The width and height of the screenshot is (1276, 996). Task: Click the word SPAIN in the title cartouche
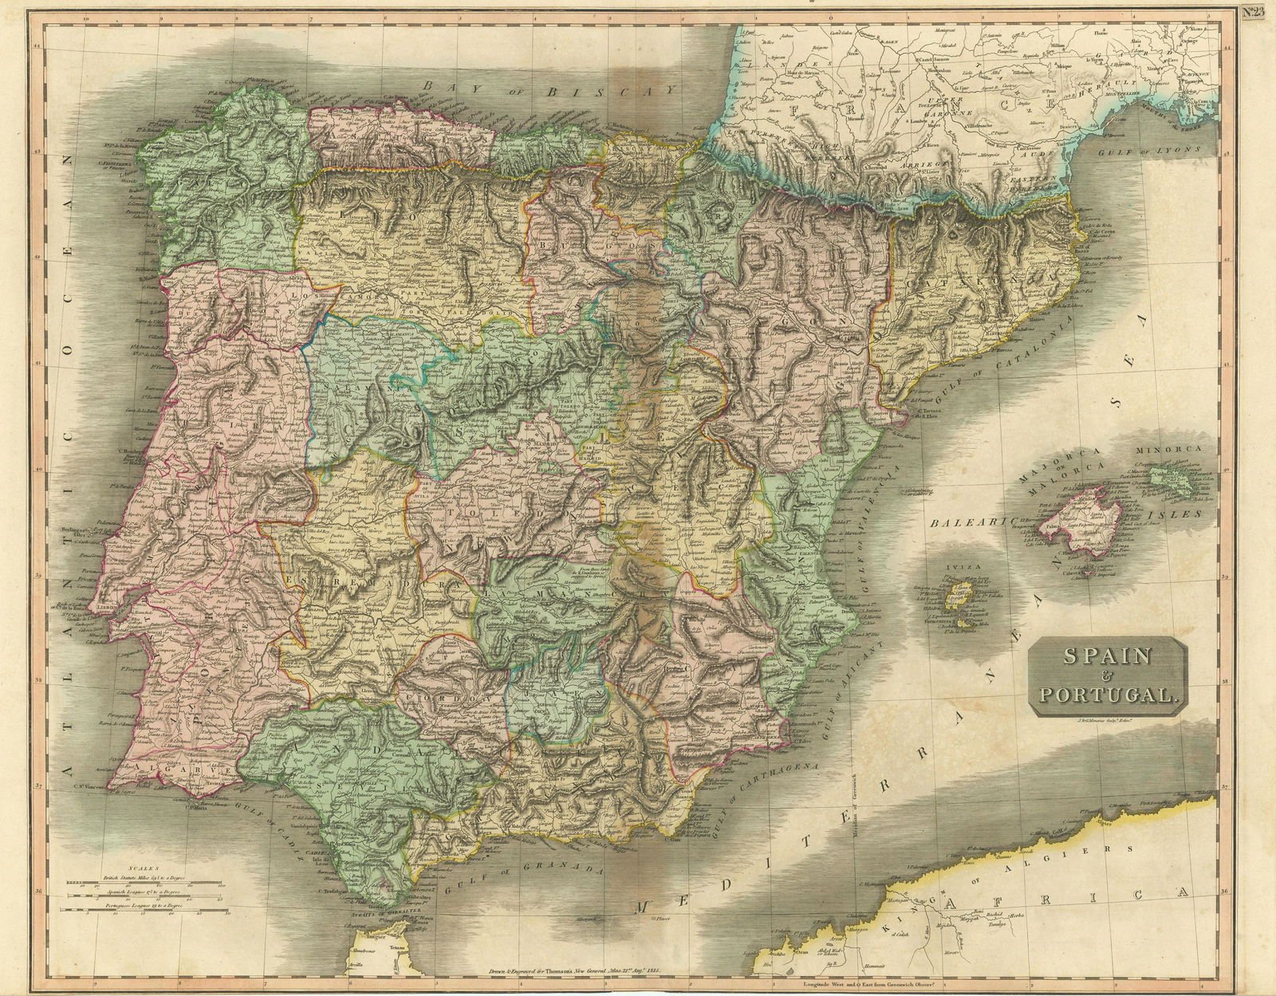pyautogui.click(x=1106, y=657)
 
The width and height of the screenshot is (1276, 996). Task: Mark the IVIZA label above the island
pyautogui.click(x=959, y=571)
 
